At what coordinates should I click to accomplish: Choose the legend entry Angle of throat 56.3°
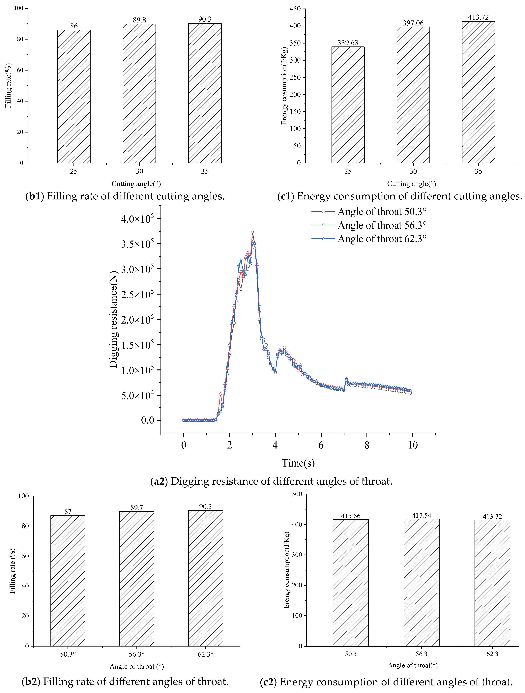[382, 225]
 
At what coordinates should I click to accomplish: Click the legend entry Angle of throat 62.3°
[382, 239]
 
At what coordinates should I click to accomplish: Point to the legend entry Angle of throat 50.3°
[382, 212]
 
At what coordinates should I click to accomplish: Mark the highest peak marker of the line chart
[252, 232]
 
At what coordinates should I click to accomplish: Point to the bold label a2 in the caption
[159, 481]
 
